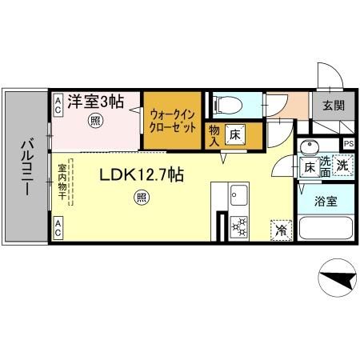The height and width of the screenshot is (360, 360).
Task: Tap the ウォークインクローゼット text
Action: pyautogui.click(x=172, y=120)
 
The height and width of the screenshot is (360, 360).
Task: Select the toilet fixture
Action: pyautogui.click(x=227, y=105)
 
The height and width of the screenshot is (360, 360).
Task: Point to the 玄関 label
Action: pyautogui.click(x=334, y=106)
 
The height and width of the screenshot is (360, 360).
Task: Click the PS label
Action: pyautogui.click(x=348, y=144)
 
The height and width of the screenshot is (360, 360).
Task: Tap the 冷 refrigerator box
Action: pyautogui.click(x=281, y=229)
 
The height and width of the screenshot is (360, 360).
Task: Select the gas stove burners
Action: pyautogui.click(x=238, y=226)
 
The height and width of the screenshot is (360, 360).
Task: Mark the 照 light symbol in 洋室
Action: pyautogui.click(x=94, y=122)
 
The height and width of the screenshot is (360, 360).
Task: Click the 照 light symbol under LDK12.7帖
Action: pyautogui.click(x=141, y=198)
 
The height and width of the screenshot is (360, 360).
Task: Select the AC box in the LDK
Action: pyautogui.click(x=58, y=225)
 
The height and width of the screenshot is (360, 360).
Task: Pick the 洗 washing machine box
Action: pyautogui.click(x=342, y=167)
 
